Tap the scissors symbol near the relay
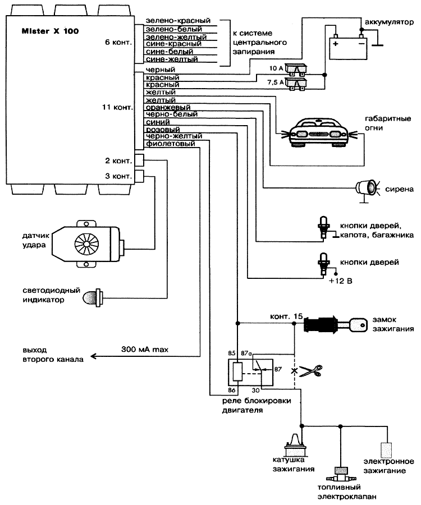310,370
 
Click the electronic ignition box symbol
386,450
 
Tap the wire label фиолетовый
170,144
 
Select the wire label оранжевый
168,107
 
